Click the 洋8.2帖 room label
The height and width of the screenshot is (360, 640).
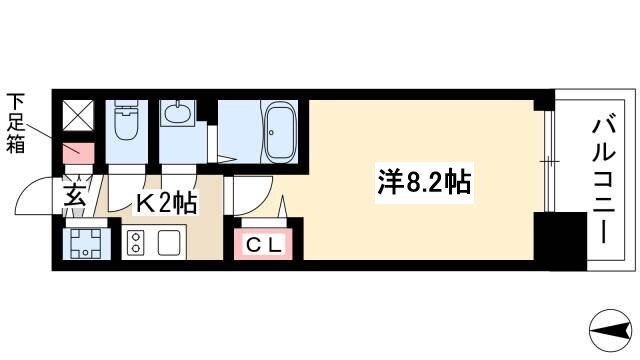pos(424,182)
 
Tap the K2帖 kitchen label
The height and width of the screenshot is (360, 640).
pos(167,202)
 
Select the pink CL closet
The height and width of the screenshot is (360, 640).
pos(263,244)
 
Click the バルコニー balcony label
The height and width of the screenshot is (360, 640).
pos(604,180)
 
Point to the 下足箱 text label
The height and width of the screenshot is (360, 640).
pos(16,123)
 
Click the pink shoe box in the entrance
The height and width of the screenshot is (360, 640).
pos(78,153)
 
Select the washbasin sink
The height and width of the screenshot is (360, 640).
pos(178,113)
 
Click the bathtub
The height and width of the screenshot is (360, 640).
pos(280,131)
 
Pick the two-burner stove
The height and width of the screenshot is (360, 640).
pos(136,242)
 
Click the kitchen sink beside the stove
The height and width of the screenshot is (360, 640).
pos(169,242)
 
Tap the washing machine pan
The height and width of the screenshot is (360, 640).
pos(86,243)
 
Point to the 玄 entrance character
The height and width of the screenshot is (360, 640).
pos(75,194)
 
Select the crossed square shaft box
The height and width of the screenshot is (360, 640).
pos(78,116)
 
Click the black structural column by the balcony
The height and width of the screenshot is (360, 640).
pos(560,241)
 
